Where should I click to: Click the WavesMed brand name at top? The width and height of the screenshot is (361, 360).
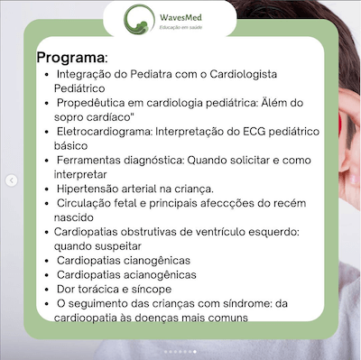tap(207, 16)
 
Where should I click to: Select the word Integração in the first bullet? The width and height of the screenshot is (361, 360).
tap(88, 73)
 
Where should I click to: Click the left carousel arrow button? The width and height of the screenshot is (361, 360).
tap(11, 180)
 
